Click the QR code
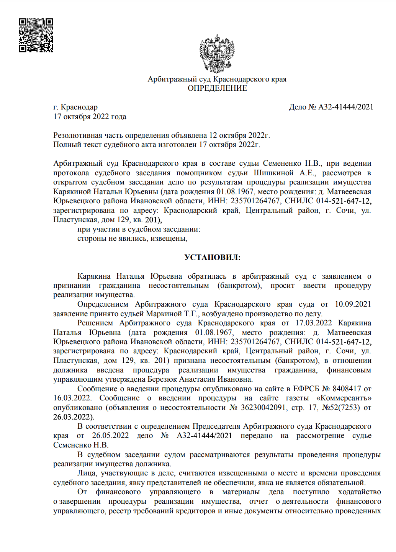36,35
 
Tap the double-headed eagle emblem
217,54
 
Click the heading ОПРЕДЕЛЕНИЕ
217,88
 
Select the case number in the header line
346,107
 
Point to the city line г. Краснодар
75,107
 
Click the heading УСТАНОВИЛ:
213,257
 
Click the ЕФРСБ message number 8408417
347,389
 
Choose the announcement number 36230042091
263,408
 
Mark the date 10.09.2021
353,304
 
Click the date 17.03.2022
314,323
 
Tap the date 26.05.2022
110,436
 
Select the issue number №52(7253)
341,408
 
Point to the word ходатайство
359,492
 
